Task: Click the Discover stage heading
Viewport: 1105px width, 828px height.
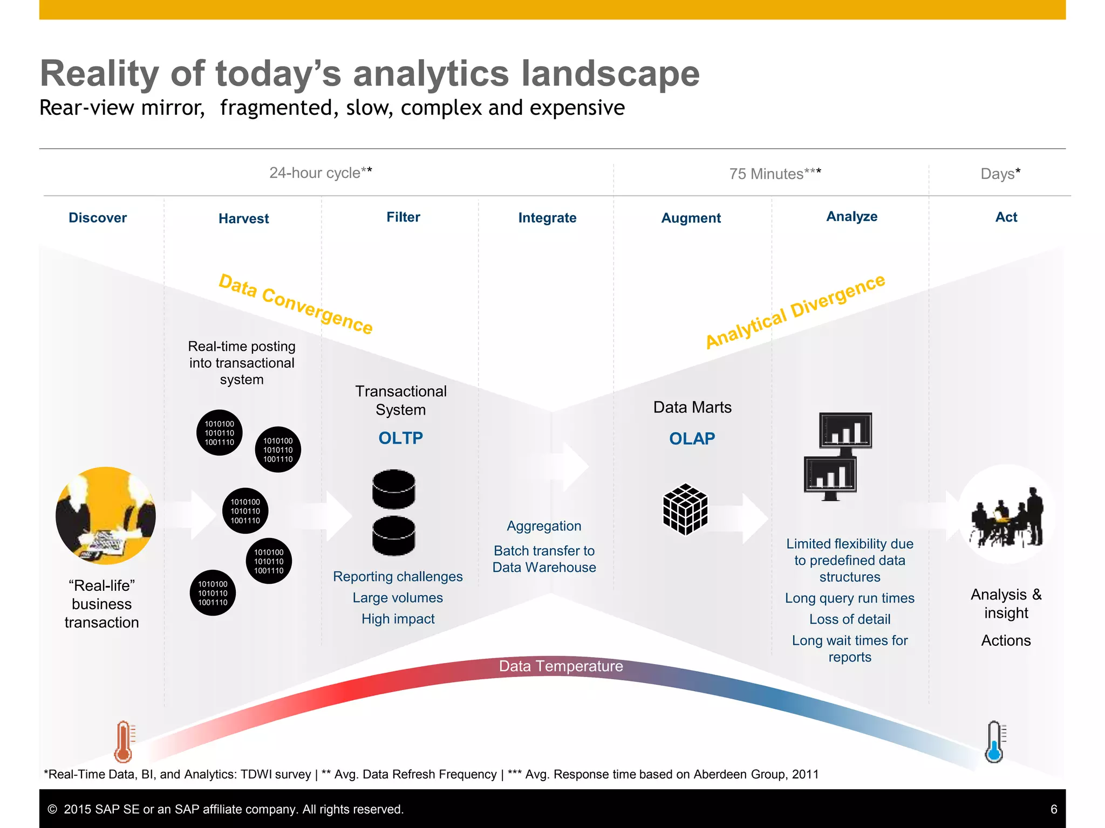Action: pos(98,218)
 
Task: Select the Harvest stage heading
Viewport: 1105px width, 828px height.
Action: pos(243,218)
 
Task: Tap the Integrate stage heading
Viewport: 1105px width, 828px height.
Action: pos(547,218)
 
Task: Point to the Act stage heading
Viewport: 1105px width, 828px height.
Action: pos(1006,217)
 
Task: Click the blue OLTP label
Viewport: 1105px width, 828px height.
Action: pos(400,438)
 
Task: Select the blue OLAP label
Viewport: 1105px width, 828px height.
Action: pos(692,438)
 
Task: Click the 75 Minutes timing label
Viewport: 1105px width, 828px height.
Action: pos(775,174)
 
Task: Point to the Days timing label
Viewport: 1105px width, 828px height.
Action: pos(1000,174)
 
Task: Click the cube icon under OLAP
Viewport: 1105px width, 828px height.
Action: pos(685,509)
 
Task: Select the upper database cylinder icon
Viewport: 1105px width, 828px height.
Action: pos(394,488)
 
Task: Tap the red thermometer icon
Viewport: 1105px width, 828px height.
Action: pos(124,742)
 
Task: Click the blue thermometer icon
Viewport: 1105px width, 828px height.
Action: pos(994,742)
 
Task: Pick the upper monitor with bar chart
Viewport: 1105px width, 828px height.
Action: pos(845,431)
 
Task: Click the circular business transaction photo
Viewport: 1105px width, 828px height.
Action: pos(106,515)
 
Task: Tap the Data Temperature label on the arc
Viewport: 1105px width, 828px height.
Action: pos(561,666)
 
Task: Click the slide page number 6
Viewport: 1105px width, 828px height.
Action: pos(1053,809)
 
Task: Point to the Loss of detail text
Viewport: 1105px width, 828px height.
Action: pos(849,619)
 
